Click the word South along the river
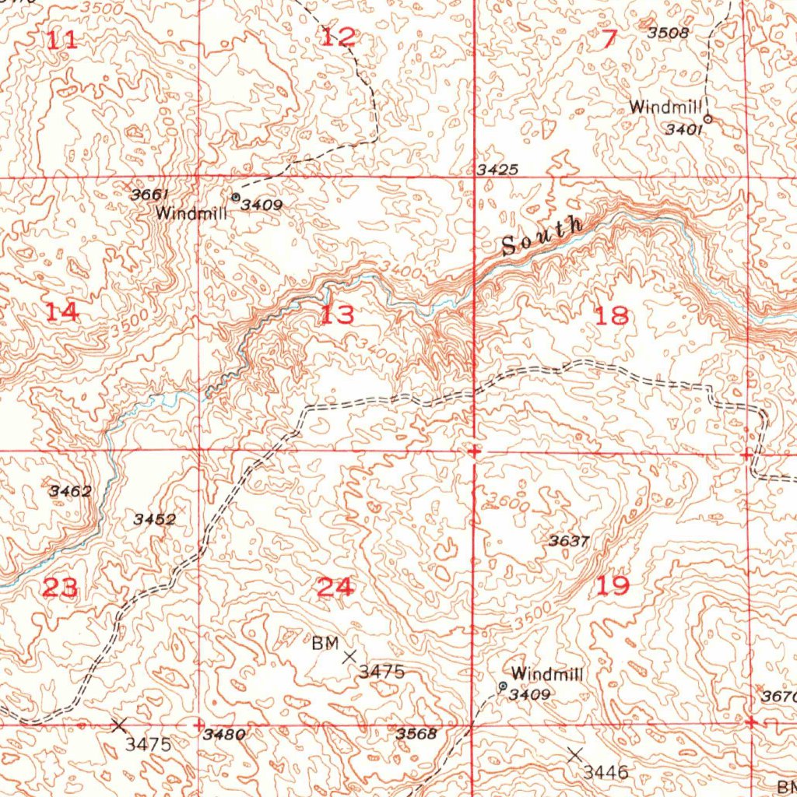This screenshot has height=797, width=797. tap(542, 237)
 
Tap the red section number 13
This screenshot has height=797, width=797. tap(338, 315)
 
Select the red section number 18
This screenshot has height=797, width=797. tap(611, 316)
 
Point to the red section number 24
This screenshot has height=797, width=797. tap(335, 587)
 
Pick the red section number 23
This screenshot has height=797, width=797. tap(60, 588)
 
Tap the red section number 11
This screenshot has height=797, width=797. tap(62, 40)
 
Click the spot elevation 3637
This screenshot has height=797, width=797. tap(568, 541)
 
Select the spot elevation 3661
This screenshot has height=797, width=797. tap(149, 194)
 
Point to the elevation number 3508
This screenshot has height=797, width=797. tap(668, 33)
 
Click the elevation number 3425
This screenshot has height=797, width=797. tap(497, 170)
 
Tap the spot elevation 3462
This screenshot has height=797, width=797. tap(70, 491)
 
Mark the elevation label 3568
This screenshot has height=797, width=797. tap(416, 733)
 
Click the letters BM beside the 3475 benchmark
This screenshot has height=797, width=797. tap(325, 643)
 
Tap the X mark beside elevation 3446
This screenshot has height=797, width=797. tap(574, 754)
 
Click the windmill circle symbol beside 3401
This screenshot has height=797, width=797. tap(707, 119)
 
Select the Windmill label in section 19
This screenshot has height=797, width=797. tap(547, 674)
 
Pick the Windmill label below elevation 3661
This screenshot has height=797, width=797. tap(191, 212)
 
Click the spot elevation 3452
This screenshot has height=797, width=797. tap(154, 519)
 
